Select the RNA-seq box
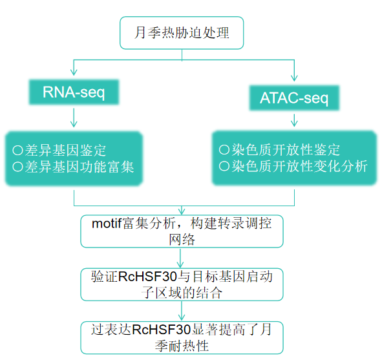tap(74, 92)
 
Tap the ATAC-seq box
tap(294, 98)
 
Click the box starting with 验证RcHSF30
tap(182, 285)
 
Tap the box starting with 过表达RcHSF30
tap(182, 337)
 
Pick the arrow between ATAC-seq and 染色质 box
tap(294, 120)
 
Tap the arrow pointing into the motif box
tap(182, 210)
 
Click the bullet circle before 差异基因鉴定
tap(17, 151)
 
